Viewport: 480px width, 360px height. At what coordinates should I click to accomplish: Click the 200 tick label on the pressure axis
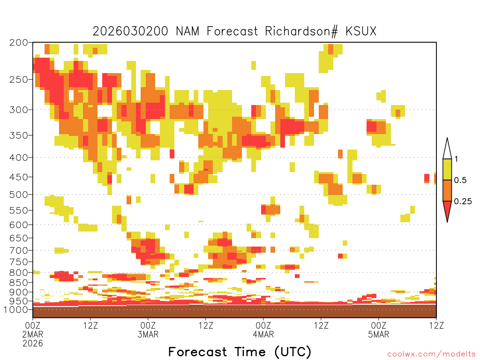pyautogui.click(x=18, y=43)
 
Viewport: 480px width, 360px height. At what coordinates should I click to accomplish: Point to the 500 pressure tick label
pyautogui.click(x=18, y=195)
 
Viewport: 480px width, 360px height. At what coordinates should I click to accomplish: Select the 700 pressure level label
pyautogui.click(x=18, y=250)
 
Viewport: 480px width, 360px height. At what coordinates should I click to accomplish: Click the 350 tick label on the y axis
pyautogui.click(x=18, y=135)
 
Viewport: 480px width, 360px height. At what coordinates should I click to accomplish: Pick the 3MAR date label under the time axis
pyautogui.click(x=148, y=334)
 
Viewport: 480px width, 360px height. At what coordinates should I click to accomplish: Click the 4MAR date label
pyautogui.click(x=263, y=334)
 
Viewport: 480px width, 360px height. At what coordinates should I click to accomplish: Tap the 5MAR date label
pyautogui.click(x=379, y=334)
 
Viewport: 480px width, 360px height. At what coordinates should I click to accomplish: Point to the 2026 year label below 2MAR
pyautogui.click(x=33, y=344)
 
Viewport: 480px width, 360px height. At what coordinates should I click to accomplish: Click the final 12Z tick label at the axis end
pyautogui.click(x=436, y=325)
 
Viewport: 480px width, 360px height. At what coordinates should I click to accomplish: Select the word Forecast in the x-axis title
pyautogui.click(x=197, y=352)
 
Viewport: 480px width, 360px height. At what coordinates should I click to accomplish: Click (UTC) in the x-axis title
pyautogui.click(x=292, y=352)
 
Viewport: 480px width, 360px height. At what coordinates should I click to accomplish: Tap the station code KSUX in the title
pyautogui.click(x=361, y=31)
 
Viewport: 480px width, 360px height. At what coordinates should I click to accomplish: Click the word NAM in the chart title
pyautogui.click(x=187, y=31)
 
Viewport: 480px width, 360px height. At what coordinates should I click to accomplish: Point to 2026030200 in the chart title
pyautogui.click(x=130, y=31)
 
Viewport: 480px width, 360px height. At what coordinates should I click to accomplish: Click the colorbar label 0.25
pyautogui.click(x=463, y=201)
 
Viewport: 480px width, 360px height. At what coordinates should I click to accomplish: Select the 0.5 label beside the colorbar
pyautogui.click(x=460, y=180)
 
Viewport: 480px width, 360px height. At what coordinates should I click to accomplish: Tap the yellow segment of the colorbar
pyautogui.click(x=447, y=169)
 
